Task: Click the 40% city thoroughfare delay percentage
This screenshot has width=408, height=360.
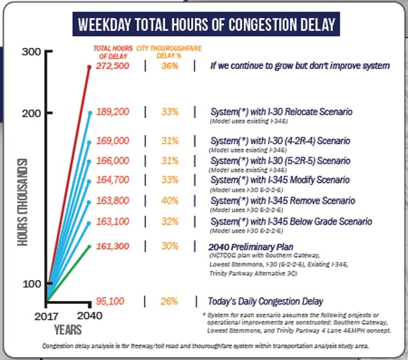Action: pyautogui.click(x=170, y=201)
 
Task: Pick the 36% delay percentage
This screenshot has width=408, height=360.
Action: pyautogui.click(x=170, y=66)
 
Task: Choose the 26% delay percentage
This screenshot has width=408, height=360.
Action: pyautogui.click(x=170, y=300)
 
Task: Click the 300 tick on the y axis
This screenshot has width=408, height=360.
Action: pyautogui.click(x=31, y=53)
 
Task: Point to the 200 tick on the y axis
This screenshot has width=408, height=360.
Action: pyautogui.click(x=31, y=113)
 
